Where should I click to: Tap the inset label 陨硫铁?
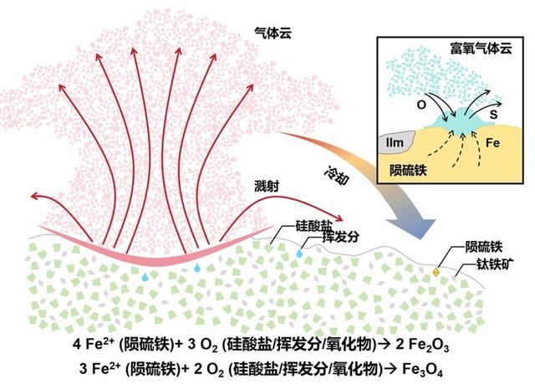tap(411, 171)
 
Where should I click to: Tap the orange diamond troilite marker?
tap(436, 273)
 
